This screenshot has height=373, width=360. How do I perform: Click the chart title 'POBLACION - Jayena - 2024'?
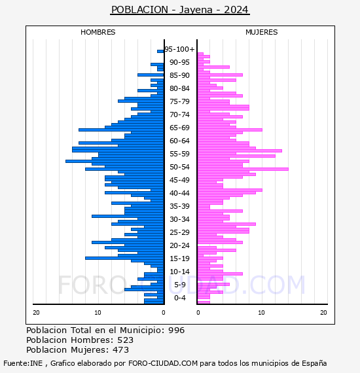[x=180, y=10]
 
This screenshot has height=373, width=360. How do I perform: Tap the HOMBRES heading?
[x=98, y=32]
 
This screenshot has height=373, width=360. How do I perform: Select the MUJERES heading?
[x=262, y=32]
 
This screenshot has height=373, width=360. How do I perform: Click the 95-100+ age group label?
[x=179, y=49]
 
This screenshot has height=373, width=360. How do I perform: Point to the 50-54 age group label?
[x=179, y=167]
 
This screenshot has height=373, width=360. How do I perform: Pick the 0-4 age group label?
[x=180, y=298]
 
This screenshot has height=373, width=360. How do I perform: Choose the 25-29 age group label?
[x=179, y=232]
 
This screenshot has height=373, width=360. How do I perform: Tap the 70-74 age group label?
[x=179, y=115]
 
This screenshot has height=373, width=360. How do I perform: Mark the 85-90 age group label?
[x=179, y=75]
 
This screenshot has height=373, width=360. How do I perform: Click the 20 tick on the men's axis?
[x=36, y=313]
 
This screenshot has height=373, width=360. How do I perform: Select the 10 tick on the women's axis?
[x=261, y=313]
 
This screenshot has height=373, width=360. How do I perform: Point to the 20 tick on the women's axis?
[x=323, y=313]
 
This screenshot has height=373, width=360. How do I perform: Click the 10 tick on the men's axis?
[x=98, y=313]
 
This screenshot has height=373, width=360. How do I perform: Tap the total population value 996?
[x=176, y=330]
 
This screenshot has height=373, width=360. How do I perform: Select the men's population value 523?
[x=126, y=340]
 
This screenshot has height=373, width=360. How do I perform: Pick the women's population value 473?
[x=121, y=350]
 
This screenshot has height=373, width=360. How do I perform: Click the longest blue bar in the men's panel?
[x=115, y=161]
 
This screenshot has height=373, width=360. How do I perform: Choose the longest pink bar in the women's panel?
[x=243, y=169]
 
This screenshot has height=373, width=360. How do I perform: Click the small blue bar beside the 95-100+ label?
[x=160, y=52]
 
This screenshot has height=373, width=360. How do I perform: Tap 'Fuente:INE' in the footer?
[x=23, y=363]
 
